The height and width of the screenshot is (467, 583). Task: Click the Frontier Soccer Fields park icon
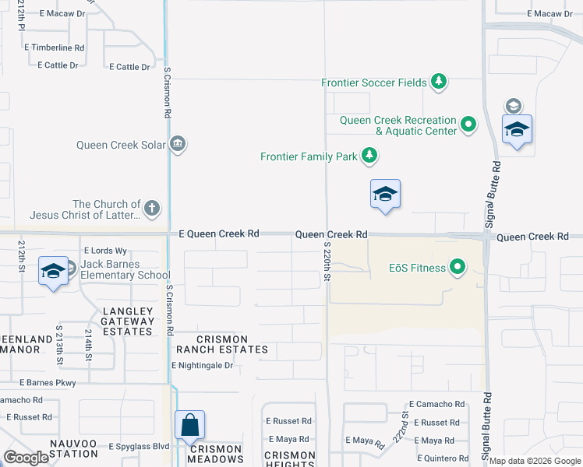(439, 82)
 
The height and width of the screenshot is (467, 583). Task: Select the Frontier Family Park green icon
(369, 156)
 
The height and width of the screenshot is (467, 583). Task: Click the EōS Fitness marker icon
(458, 269)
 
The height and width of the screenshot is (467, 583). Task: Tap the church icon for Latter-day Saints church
(152, 208)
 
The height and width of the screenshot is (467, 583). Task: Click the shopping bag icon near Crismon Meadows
(189, 426)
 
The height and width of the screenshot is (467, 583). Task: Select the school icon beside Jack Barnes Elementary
(53, 270)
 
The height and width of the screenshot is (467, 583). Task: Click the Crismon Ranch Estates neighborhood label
(211, 345)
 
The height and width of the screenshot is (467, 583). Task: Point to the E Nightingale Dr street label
(202, 365)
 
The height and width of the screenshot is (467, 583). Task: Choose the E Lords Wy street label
(104, 251)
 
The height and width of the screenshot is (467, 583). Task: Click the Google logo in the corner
(26, 458)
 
